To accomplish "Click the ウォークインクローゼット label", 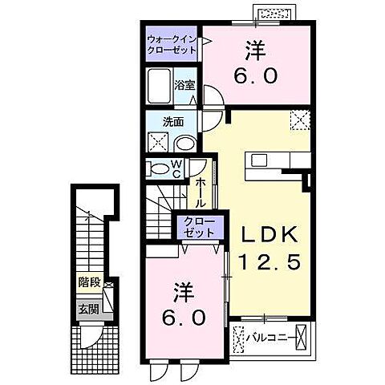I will click(x=172, y=44).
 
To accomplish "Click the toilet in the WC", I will click(x=153, y=169).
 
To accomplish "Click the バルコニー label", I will click(x=269, y=334).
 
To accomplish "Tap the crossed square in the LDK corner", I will click(x=299, y=120).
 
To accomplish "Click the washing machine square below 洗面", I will click(x=157, y=143).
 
